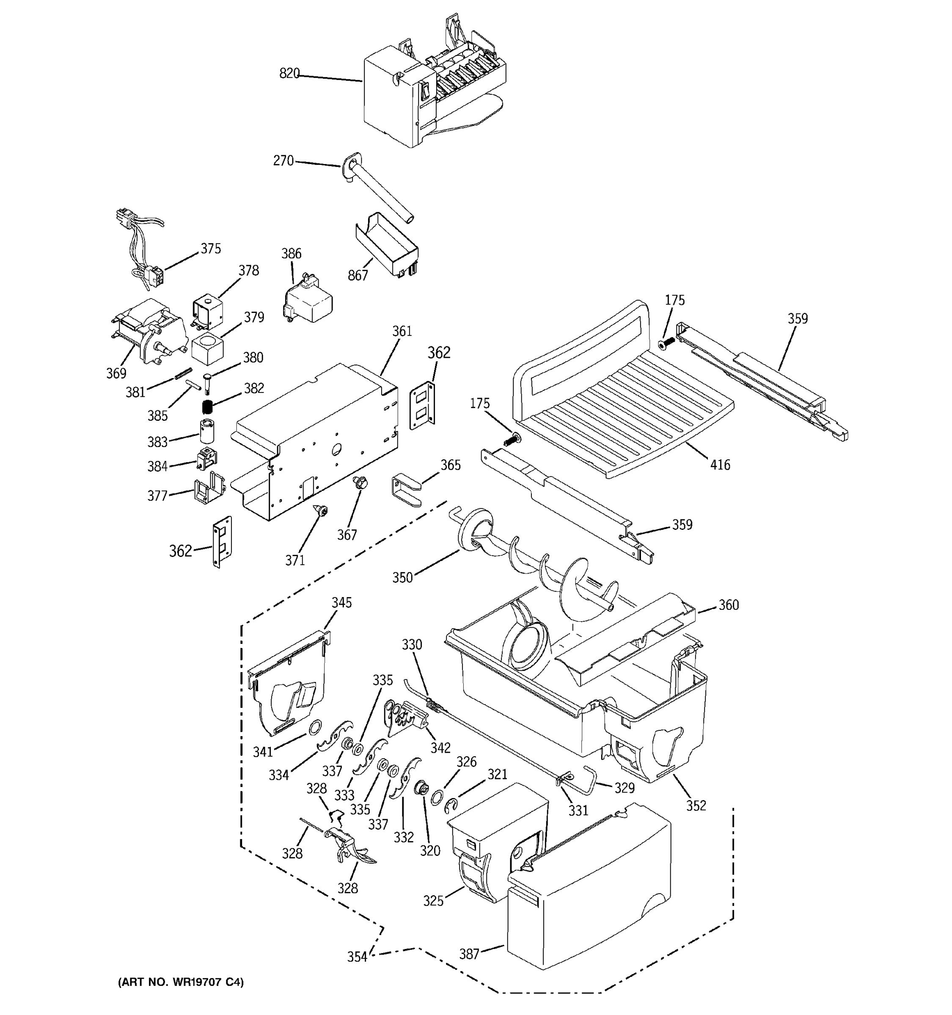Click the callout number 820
point(289,74)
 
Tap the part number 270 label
point(283,161)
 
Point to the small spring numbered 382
point(207,407)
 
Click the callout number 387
point(469,953)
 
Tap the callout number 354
point(357,957)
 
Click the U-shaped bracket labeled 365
point(407,491)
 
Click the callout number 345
point(341,603)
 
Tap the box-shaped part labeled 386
point(309,301)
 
